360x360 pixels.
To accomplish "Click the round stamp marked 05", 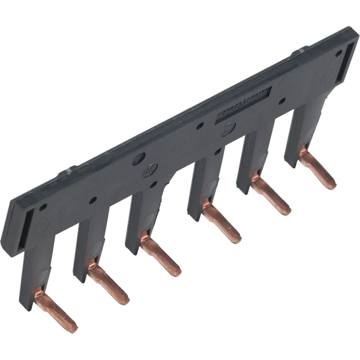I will pyautogui.click(x=149, y=170).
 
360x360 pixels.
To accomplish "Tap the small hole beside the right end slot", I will pyautogui.click(x=338, y=53).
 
